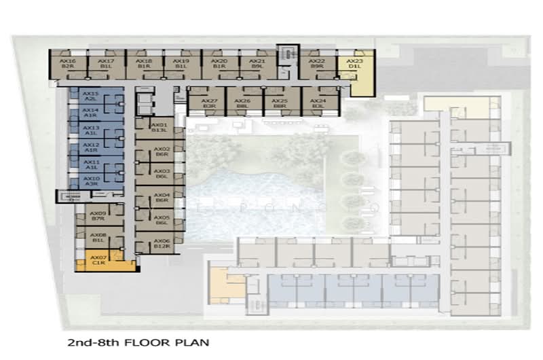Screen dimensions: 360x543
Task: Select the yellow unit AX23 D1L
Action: click(355, 64)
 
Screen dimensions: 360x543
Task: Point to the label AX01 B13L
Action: click(159, 128)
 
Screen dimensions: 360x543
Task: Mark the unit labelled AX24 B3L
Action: click(318, 103)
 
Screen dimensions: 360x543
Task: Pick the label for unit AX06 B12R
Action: click(162, 243)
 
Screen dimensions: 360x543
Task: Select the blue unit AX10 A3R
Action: click(91, 180)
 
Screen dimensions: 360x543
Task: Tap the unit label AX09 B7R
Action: click(98, 215)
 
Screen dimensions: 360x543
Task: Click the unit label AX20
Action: click(219, 61)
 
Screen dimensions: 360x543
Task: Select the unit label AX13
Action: click(91, 129)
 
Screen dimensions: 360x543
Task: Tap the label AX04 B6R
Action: click(162, 197)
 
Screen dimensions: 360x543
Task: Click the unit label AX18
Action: click(144, 61)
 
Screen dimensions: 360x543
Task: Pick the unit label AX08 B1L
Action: click(98, 237)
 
